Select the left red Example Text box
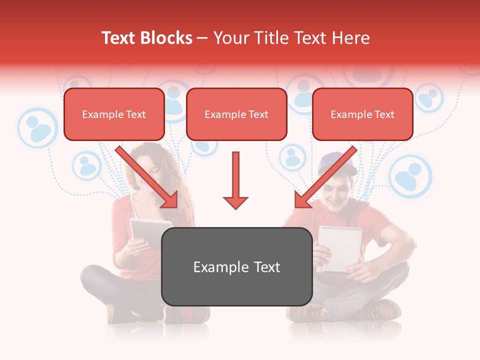coord(114,114)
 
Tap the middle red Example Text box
coord(236,114)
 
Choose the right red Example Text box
coord(362,114)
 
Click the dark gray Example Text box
coord(237,267)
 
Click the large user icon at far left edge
coord(38,128)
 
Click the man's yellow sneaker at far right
coord(385,310)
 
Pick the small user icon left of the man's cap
coord(292,157)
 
